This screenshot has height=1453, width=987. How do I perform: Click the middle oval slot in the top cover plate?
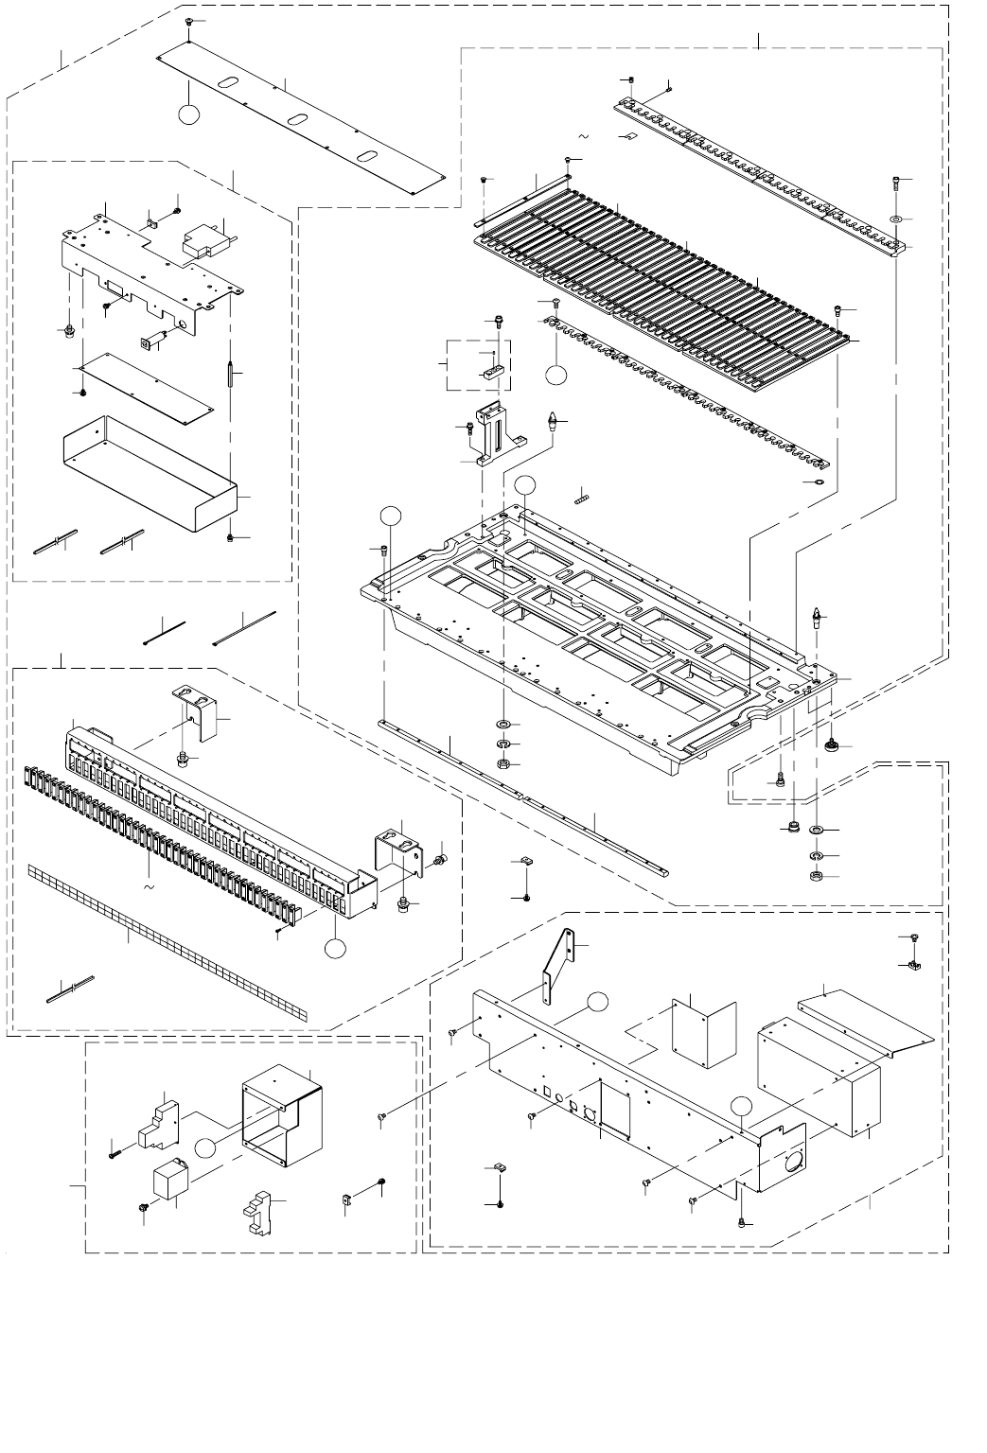coord(298,119)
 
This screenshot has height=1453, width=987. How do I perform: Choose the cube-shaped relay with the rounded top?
coord(171,1181)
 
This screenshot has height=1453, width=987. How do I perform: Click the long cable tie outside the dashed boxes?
coord(244,626)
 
